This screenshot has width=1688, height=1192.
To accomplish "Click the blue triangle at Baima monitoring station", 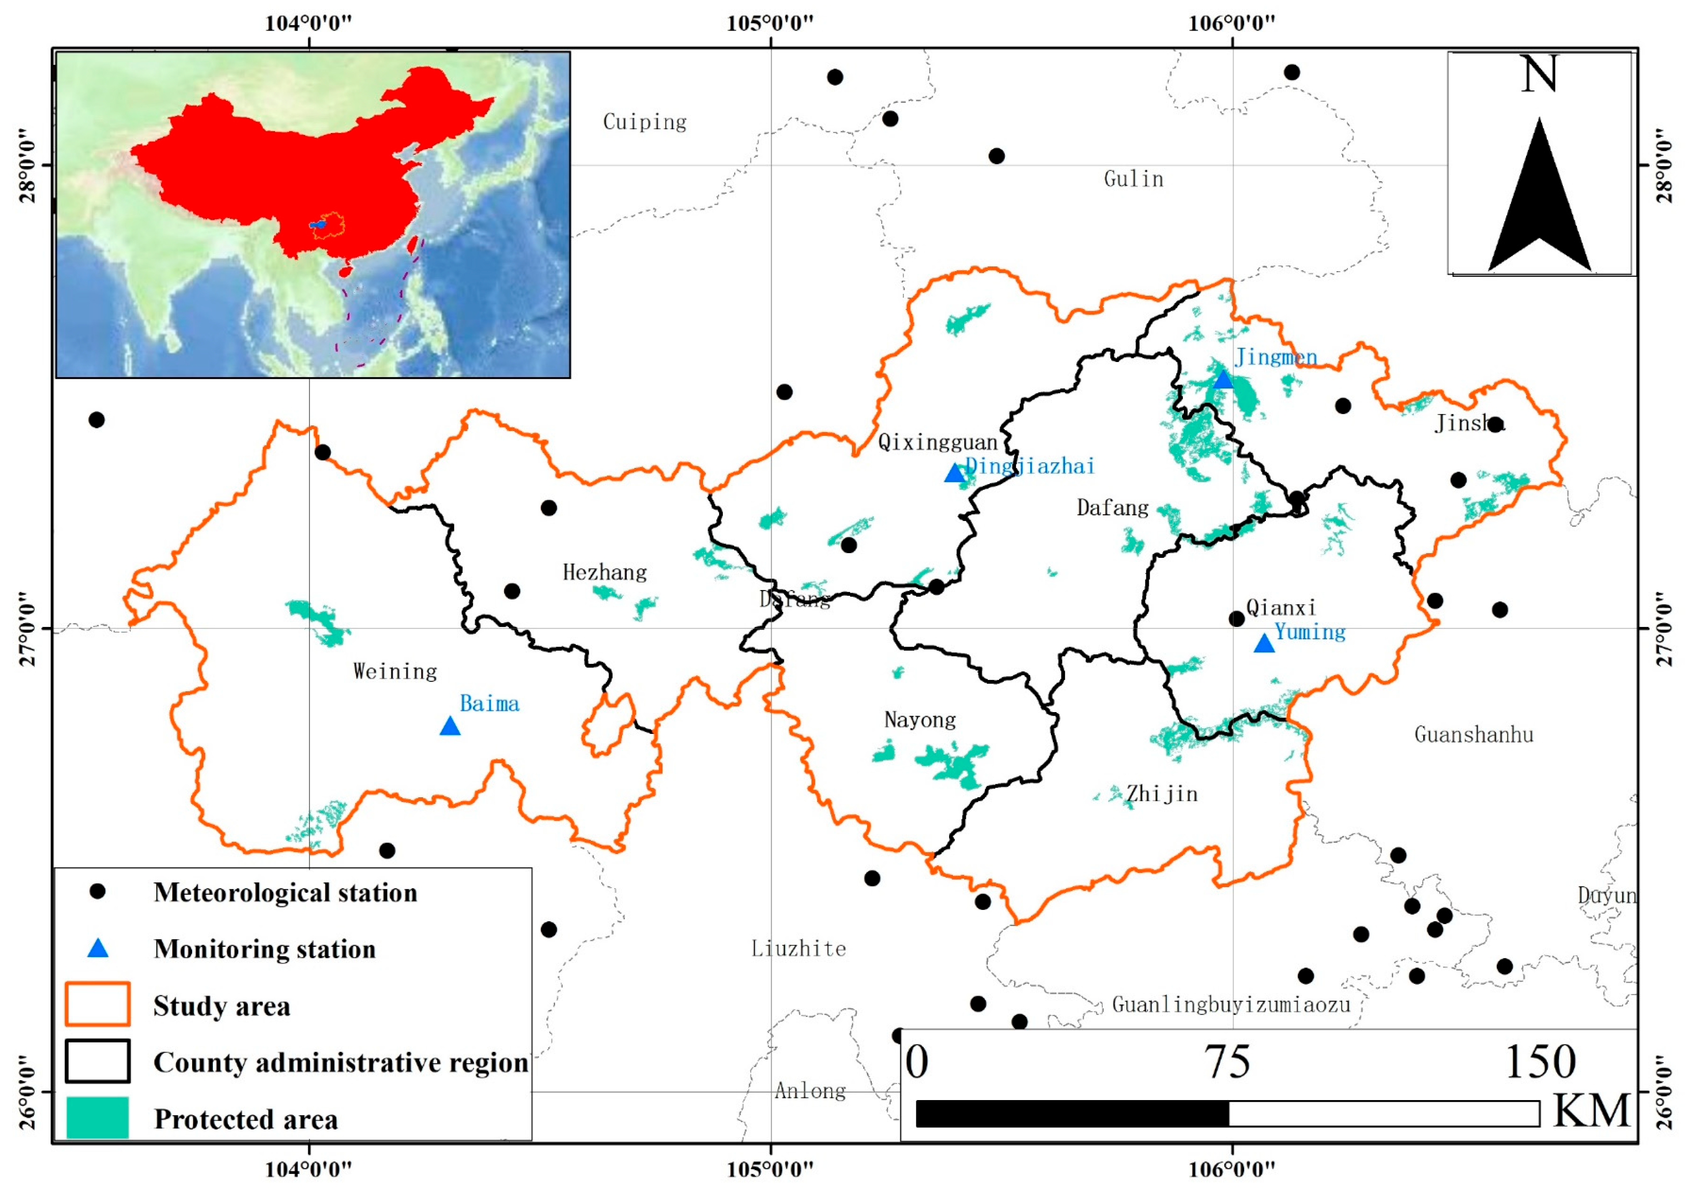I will click(450, 727).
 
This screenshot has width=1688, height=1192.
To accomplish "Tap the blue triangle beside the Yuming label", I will click(1264, 644).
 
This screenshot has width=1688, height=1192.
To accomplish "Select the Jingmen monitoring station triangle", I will click(1223, 380).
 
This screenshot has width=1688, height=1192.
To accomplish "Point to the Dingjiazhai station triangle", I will click(954, 474).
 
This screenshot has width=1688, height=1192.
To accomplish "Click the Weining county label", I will click(395, 672).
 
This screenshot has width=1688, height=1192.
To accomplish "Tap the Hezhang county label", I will click(604, 572).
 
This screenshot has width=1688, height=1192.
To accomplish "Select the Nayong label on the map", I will click(920, 720).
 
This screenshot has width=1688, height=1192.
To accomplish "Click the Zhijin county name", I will click(1162, 794).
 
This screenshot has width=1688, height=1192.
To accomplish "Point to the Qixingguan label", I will click(937, 442).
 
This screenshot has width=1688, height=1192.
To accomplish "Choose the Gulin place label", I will click(1133, 179).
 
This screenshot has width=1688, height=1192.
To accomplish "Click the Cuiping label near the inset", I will click(645, 122).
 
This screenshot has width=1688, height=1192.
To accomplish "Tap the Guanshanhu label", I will click(1474, 734).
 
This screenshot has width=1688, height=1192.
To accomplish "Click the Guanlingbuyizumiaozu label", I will click(1231, 1005).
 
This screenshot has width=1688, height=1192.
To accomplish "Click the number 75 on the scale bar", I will click(1227, 1063).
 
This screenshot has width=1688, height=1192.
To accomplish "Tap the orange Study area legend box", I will click(98, 1005).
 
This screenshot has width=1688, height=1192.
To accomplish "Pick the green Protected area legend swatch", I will click(98, 1118).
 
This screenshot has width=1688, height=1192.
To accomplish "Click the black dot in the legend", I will click(97, 892).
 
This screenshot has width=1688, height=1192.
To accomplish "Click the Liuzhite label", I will click(799, 948).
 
